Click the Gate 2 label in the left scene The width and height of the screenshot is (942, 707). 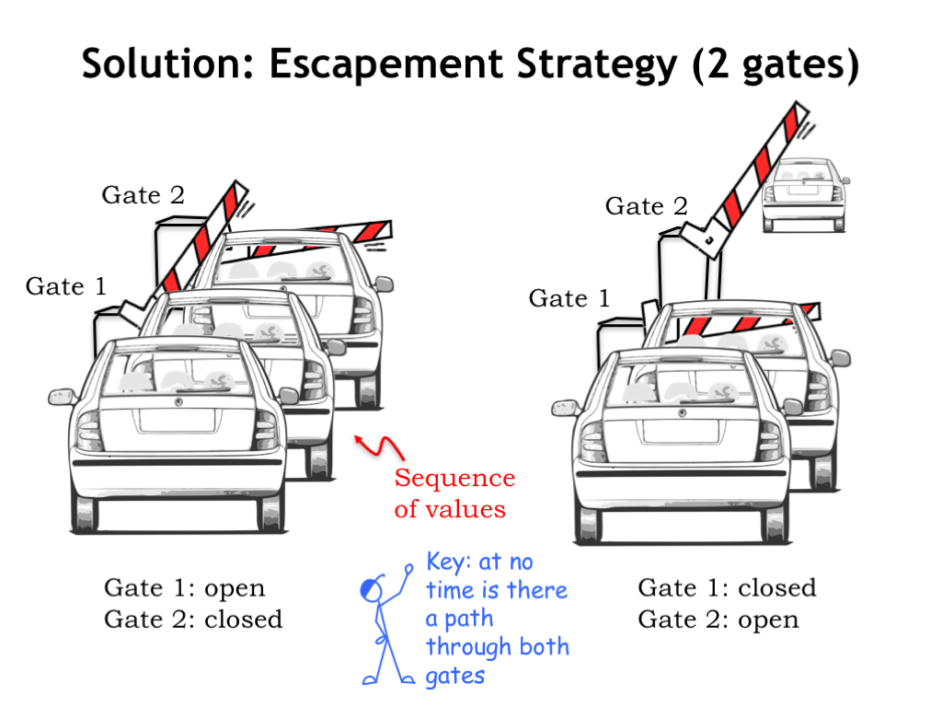pyautogui.click(x=143, y=195)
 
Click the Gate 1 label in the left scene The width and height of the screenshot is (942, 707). pyautogui.click(x=65, y=286)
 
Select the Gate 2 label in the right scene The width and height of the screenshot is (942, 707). pyautogui.click(x=646, y=206)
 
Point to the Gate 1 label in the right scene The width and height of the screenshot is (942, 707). pyautogui.click(x=569, y=298)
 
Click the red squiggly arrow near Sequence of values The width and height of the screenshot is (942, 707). pyautogui.click(x=381, y=446)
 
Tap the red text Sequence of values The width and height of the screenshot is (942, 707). pyautogui.click(x=454, y=493)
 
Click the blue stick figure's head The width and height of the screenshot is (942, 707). pyautogui.click(x=371, y=586)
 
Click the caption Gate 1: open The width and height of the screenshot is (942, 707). pyautogui.click(x=184, y=588)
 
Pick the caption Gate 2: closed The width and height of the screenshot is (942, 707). pyautogui.click(x=193, y=619)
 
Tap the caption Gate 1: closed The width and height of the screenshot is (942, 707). pyautogui.click(x=727, y=587)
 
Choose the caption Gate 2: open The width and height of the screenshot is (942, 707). pyautogui.click(x=718, y=620)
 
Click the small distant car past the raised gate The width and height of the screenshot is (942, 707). pyautogui.click(x=803, y=195)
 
